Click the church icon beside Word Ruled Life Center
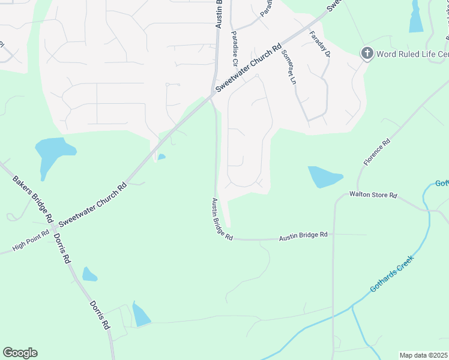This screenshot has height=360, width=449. [367, 54]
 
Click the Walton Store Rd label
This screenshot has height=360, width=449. [374, 195]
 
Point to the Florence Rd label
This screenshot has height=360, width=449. [376, 152]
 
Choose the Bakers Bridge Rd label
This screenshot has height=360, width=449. [34, 199]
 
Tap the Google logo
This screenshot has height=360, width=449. [20, 353]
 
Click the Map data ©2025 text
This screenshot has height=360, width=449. [423, 355]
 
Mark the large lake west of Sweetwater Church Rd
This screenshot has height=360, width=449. [53, 152]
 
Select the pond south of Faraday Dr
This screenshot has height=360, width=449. [324, 177]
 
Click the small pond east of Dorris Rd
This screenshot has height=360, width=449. [89, 275]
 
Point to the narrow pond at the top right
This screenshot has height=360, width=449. [416, 17]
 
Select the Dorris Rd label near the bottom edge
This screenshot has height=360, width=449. [100, 315]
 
